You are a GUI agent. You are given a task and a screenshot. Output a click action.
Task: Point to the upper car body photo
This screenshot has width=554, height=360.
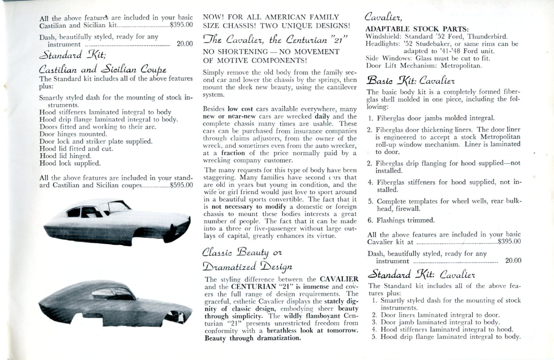tap(117, 221)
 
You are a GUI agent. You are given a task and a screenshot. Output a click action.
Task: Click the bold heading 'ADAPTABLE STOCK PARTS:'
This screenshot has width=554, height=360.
tap(417, 29)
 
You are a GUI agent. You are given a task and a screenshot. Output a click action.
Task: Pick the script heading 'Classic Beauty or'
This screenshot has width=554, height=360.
tap(242, 252)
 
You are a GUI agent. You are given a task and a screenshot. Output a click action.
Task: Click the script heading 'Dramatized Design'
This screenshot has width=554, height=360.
tap(248, 267)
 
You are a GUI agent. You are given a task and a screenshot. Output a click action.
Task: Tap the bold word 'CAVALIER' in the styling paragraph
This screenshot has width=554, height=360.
tap(339, 279)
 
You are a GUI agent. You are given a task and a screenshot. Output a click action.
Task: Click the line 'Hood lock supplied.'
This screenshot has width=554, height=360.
tap(70, 163)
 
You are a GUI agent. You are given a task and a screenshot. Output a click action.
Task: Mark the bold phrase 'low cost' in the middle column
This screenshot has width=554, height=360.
tap(240, 109)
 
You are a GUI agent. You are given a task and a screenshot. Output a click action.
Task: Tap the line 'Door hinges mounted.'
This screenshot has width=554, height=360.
tap(73, 134)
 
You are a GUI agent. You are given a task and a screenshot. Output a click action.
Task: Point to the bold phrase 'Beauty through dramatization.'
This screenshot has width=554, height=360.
tap(253, 338)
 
